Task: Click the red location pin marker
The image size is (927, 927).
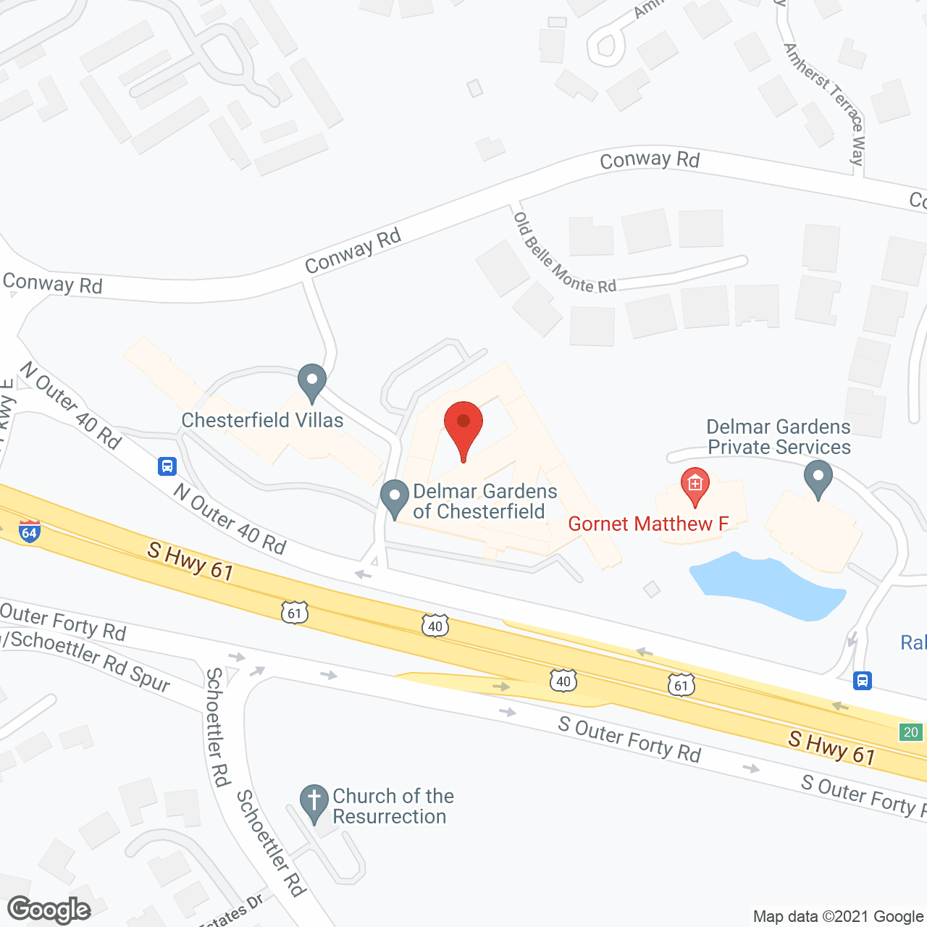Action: coord(463,427)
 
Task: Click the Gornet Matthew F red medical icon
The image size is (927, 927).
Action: coord(695,486)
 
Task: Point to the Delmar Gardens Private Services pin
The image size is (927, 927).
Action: coord(818,480)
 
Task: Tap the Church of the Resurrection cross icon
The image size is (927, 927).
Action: coord(314,803)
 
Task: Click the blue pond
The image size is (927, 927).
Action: coord(767,585)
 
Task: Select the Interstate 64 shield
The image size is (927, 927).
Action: coord(29,532)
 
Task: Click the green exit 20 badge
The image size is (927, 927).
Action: coord(910,732)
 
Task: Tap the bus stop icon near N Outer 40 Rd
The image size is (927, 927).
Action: coord(167,466)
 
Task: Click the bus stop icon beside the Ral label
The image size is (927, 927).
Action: coord(862,681)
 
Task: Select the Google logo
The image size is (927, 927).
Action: coord(49,910)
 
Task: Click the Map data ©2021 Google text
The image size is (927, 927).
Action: coord(839,916)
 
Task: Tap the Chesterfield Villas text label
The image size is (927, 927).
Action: coord(262,420)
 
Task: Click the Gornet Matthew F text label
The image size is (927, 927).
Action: coord(647,524)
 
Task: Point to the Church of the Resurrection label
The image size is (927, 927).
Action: coord(393,806)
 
